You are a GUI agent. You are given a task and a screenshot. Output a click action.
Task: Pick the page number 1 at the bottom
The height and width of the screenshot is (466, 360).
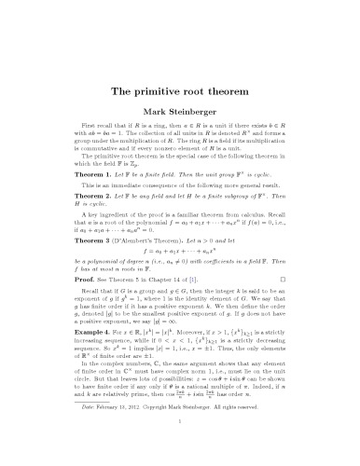180,446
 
